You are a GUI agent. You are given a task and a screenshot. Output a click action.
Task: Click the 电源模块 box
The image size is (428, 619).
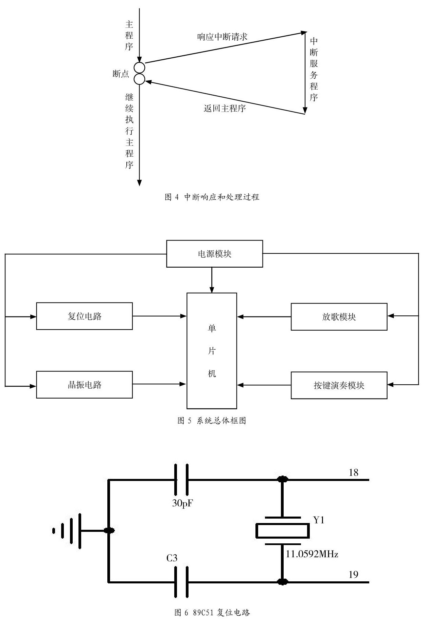point(214,254)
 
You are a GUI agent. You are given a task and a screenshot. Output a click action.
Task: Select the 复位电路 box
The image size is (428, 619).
point(84,316)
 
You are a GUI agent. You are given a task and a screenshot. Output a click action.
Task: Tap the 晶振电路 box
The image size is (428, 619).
point(84,385)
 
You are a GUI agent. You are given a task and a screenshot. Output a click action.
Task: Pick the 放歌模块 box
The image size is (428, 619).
point(339,317)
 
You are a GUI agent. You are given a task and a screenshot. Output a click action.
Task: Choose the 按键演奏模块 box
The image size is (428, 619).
point(339,385)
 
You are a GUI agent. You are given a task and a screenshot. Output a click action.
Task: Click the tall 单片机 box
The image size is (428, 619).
point(212,351)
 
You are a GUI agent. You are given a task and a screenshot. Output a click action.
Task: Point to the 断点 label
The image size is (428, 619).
point(121,74)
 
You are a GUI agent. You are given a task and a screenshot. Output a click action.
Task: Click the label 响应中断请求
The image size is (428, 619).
point(222,37)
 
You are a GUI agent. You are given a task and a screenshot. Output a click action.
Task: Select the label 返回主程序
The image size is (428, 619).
point(225,108)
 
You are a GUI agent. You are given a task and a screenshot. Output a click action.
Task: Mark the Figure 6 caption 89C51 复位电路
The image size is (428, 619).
point(212,613)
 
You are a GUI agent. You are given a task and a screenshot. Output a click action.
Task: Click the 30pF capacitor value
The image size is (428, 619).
point(182,503)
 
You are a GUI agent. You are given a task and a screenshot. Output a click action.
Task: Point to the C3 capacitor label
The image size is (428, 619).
point(172,558)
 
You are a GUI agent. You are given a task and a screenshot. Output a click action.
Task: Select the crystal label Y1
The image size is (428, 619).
point(319,520)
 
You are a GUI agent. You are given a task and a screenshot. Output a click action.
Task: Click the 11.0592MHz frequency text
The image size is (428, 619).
point(312,554)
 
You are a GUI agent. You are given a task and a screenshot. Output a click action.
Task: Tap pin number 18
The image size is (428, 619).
point(353,472)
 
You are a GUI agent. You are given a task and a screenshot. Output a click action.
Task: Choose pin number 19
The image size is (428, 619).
point(353,575)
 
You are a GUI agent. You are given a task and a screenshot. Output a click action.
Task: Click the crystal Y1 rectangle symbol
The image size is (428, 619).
point(282,531)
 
